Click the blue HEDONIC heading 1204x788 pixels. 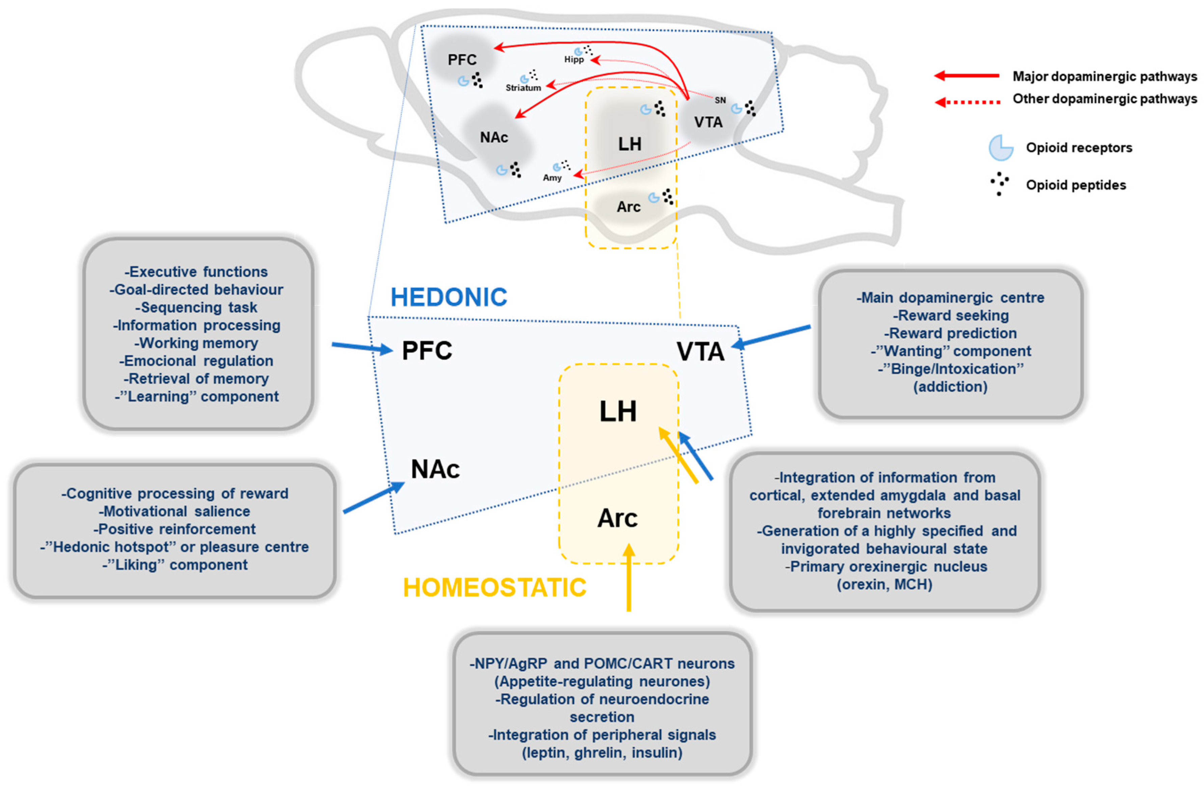[449, 297]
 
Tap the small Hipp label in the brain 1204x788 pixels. [574, 60]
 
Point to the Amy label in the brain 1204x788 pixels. [552, 178]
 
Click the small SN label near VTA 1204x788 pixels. [720, 100]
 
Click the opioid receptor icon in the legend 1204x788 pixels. [1001, 148]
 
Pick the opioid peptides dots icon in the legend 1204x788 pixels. [999, 184]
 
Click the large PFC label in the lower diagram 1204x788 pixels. [427, 351]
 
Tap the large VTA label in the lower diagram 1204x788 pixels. [700, 352]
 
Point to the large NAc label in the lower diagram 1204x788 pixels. [435, 469]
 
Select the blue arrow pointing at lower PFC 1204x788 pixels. [362, 348]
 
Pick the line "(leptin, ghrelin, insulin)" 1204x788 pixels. [602, 753]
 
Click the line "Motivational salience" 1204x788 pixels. [174, 511]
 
